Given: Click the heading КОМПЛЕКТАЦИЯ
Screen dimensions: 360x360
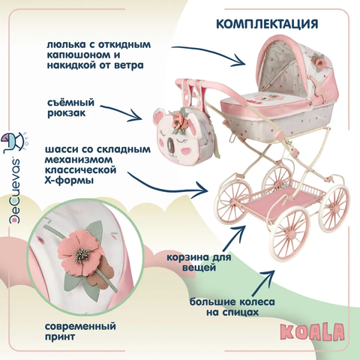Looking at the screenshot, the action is [267, 24].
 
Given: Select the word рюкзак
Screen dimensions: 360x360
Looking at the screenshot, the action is [67, 112].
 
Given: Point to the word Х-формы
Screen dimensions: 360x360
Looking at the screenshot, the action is [69, 180].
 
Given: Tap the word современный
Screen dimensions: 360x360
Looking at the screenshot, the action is [80, 326].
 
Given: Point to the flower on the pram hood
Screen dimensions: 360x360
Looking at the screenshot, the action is [319, 62].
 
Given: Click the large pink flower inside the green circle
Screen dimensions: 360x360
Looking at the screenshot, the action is [79, 252].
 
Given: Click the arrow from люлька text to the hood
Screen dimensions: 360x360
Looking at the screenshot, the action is [210, 53].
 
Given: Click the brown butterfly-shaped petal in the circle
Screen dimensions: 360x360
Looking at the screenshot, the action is [103, 271].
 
